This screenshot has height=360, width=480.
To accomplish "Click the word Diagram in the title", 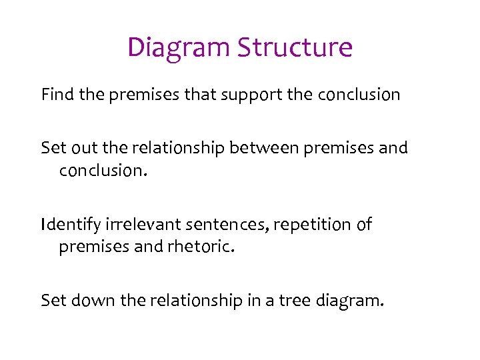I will tap(178, 48).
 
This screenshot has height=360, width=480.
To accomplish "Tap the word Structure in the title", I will tap(295, 48).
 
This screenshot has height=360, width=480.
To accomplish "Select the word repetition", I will tap(307, 225).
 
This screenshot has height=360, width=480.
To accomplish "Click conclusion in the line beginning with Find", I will tap(359, 95).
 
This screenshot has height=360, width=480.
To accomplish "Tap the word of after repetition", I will tap(364, 225).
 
